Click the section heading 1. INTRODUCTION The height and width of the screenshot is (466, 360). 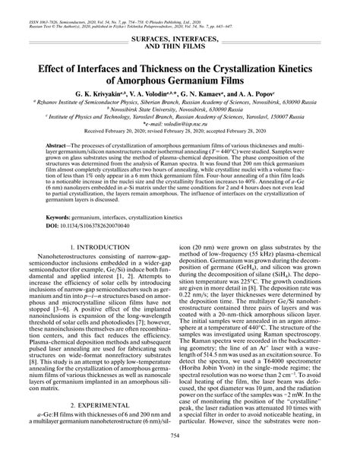[x=91, y=247]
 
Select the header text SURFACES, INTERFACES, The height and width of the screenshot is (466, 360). [x=180, y=37]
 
